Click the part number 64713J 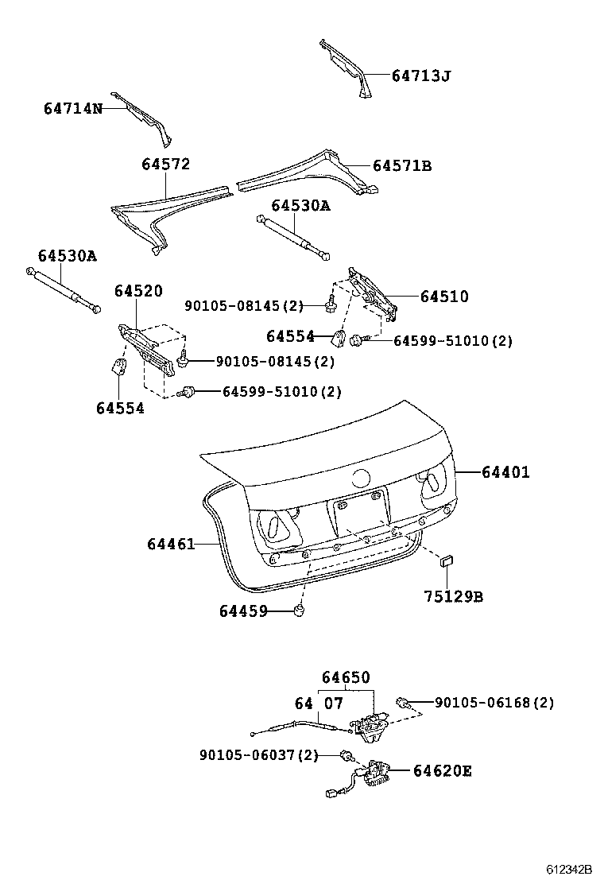pyautogui.click(x=421, y=76)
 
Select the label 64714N pyautogui.click(x=73, y=107)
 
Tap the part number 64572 pyautogui.click(x=166, y=165)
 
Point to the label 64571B pyautogui.click(x=402, y=165)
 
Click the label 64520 pyautogui.click(x=137, y=292)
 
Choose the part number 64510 pyautogui.click(x=444, y=297)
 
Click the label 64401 pyautogui.click(x=505, y=472)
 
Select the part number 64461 pyautogui.click(x=171, y=544)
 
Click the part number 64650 pyautogui.click(x=346, y=677)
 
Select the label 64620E pyautogui.click(x=442, y=770)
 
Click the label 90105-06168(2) pyautogui.click(x=494, y=703)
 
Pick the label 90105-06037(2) pyautogui.click(x=259, y=754)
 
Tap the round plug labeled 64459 pyautogui.click(x=300, y=610)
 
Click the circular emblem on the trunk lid pyautogui.click(x=362, y=479)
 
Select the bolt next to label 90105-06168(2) pyautogui.click(x=405, y=702)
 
